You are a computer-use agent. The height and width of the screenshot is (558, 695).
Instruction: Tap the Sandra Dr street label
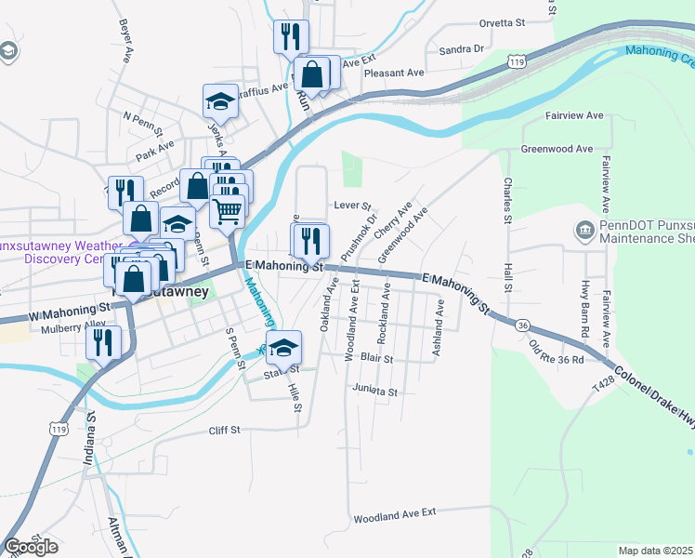coord(462,48)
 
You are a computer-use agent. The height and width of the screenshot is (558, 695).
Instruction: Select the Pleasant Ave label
coord(394,73)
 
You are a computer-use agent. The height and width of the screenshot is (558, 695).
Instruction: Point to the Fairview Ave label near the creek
coord(575,115)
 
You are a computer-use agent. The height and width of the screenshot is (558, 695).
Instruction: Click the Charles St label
coord(508,201)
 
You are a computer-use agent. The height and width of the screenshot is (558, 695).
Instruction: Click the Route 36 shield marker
coord(523,325)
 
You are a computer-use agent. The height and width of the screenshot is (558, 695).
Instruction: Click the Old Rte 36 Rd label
coord(557,353)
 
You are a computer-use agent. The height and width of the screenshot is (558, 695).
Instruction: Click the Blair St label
coord(375,358)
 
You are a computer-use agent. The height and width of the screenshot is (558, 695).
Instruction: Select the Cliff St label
coord(225,430)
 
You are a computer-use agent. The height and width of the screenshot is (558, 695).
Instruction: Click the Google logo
coord(31,546)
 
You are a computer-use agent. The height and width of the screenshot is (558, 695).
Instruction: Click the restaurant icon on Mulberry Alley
coord(103,341)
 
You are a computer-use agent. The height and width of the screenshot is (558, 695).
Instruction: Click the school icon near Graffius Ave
coord(221,100)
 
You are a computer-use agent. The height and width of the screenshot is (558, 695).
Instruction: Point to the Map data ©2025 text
coord(655,551)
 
